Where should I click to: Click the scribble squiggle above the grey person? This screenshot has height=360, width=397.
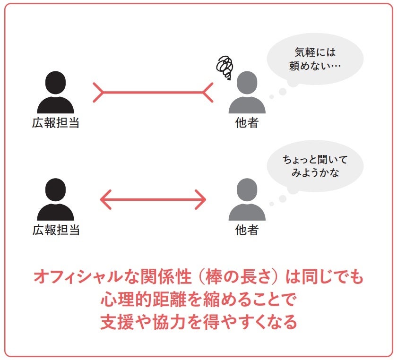[224, 67]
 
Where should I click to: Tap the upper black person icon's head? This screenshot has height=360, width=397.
[55, 83]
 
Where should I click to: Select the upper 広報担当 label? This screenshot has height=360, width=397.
[56, 123]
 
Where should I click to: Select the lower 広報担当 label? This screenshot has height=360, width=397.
[56, 230]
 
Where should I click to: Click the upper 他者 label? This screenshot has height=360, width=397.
[247, 123]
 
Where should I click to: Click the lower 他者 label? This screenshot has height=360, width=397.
[247, 230]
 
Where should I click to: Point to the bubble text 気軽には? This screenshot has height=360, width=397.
[315, 52]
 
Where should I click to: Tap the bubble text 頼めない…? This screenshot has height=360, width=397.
[315, 66]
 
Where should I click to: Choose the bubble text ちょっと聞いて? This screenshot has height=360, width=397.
[315, 160]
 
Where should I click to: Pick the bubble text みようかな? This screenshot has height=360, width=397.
[315, 173]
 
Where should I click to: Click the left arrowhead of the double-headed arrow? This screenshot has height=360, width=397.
[106, 199]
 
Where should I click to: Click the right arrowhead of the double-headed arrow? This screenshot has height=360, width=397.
[200, 199]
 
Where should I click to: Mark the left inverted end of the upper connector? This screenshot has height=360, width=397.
[98, 93]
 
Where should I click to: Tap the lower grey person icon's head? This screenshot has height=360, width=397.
[247, 190]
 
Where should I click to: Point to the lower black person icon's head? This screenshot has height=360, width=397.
[55, 190]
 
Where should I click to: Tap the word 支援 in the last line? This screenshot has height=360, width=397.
[117, 322]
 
